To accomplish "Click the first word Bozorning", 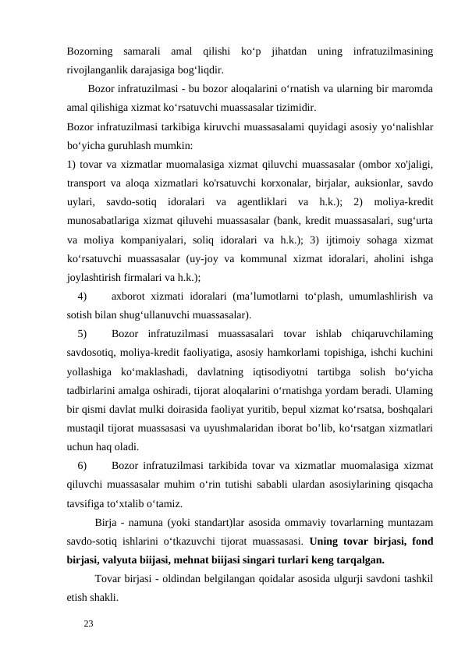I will click(x=91, y=51).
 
